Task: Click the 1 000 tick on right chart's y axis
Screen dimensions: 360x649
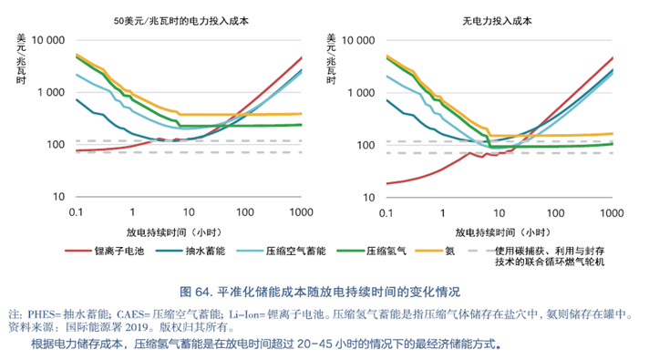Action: pyautogui.click(x=359, y=93)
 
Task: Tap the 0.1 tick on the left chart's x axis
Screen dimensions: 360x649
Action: pyautogui.click(x=77, y=211)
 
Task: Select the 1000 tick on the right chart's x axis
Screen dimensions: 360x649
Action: pyautogui.click(x=611, y=211)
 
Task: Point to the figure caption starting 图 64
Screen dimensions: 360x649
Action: pyautogui.click(x=324, y=292)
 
